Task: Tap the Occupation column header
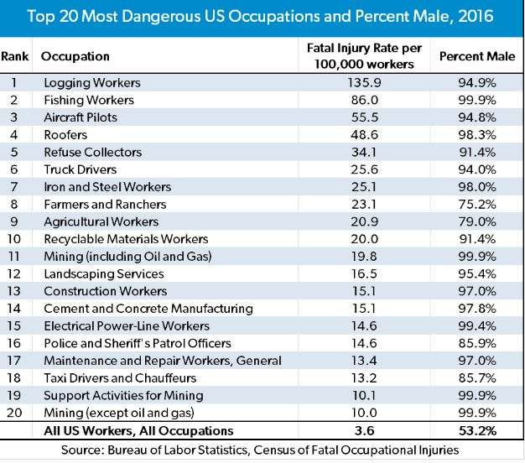click(x=76, y=56)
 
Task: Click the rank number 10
click(x=17, y=239)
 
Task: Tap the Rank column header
click(x=16, y=56)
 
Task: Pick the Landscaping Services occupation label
click(x=97, y=273)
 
